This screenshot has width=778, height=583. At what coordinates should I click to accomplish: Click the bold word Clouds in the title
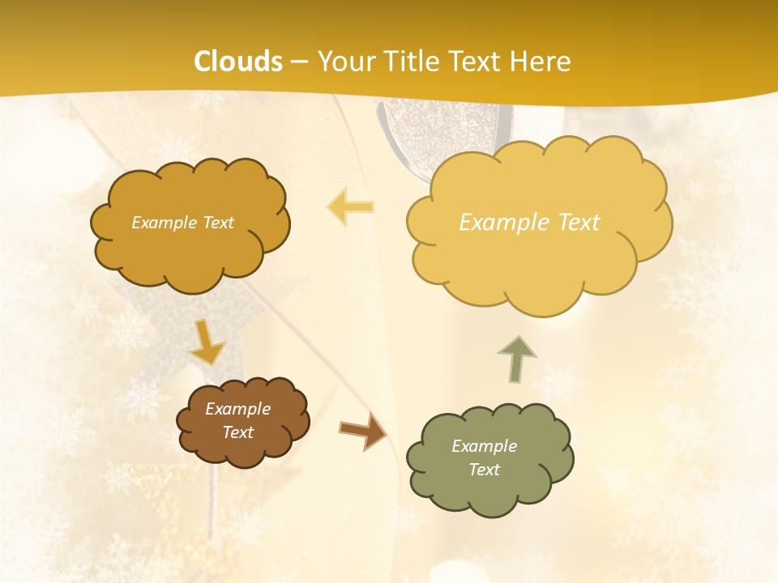click(x=238, y=62)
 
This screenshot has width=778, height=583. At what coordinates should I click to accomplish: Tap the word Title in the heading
click(x=411, y=62)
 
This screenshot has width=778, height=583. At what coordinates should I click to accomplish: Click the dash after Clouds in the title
click(x=298, y=62)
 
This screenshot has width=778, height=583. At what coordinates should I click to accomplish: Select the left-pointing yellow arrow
click(x=350, y=206)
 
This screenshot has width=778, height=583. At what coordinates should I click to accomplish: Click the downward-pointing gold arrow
click(x=207, y=343)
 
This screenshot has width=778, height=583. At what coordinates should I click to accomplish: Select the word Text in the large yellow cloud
click(x=579, y=223)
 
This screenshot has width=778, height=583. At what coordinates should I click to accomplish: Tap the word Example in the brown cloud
click(x=237, y=409)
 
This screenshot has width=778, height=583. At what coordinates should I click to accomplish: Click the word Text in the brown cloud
click(x=237, y=432)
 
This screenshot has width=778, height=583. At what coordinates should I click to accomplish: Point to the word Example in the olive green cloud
click(x=484, y=446)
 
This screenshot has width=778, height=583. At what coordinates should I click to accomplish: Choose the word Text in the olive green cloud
click(x=484, y=470)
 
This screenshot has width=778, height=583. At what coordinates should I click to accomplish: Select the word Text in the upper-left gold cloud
click(x=216, y=223)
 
